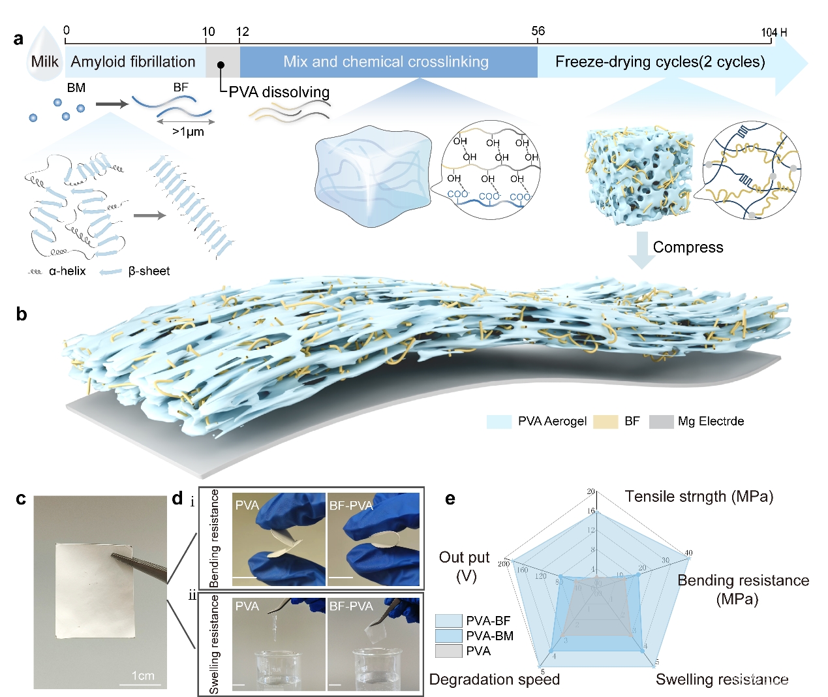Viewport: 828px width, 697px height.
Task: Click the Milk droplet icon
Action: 44,57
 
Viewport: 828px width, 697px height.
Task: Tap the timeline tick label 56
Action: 538,31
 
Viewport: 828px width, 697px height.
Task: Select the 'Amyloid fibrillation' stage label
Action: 133,62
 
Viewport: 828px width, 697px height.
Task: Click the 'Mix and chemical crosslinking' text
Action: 386,62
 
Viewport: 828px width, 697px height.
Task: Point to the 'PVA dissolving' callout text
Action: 279,92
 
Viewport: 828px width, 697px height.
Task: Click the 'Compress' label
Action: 688,247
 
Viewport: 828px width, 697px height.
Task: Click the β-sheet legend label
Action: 149,271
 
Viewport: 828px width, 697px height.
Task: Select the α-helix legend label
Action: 67,271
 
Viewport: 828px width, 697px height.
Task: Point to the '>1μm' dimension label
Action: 188,132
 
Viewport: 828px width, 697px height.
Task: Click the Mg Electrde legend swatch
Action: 661,422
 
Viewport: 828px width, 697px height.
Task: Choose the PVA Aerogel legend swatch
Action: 498,422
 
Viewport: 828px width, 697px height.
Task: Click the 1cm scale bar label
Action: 143,675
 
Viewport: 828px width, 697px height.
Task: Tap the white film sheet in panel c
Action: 95,591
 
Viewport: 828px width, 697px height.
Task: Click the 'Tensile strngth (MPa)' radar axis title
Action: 699,497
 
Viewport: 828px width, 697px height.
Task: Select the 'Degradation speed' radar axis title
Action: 494,679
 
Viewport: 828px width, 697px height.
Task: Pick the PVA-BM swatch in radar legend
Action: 449,636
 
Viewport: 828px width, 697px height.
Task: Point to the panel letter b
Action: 22,315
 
